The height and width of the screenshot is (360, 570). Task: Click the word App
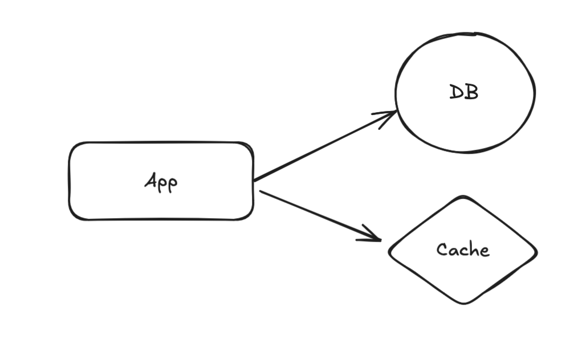pyautogui.click(x=161, y=182)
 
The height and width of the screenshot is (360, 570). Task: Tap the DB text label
pyautogui.click(x=464, y=92)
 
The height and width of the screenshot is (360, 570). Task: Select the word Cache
pyautogui.click(x=463, y=249)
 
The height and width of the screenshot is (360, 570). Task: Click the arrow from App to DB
pyautogui.click(x=325, y=146)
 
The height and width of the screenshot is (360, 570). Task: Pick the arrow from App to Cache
pyautogui.click(x=320, y=215)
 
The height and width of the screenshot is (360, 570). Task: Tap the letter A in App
pyautogui.click(x=151, y=180)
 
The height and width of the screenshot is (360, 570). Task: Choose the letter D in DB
pyautogui.click(x=456, y=92)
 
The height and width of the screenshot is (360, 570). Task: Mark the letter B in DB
pyautogui.click(x=472, y=92)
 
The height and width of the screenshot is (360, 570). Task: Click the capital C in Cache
pyautogui.click(x=442, y=249)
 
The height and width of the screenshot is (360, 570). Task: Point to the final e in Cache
pyautogui.click(x=485, y=251)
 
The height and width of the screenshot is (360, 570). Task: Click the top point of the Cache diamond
pyautogui.click(x=463, y=197)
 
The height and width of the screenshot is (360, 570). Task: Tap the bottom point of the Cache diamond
pyautogui.click(x=464, y=303)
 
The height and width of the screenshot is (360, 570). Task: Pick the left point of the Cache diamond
pyautogui.click(x=389, y=251)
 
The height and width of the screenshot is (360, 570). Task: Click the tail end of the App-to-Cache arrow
pyautogui.click(x=260, y=191)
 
